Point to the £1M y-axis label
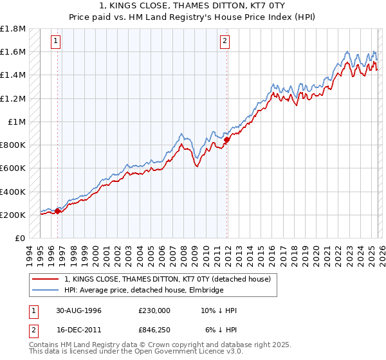[x=17, y=122]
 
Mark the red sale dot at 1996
[x=58, y=211]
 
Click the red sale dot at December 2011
[x=227, y=139]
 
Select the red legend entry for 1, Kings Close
[x=170, y=279]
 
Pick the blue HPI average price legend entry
[x=143, y=291]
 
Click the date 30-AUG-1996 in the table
[x=78, y=310]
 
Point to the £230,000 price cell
[x=154, y=310]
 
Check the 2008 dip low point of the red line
[x=197, y=166]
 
